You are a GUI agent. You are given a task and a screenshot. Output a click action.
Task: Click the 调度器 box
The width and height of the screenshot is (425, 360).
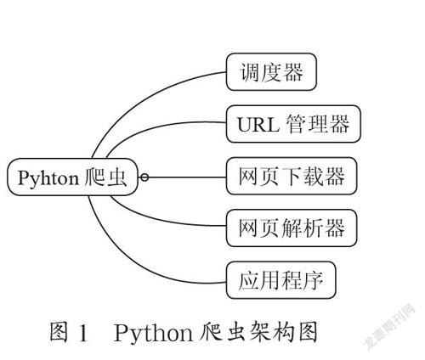[x=271, y=72]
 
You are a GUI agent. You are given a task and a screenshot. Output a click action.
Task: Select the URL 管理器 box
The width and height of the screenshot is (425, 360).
[x=293, y=124]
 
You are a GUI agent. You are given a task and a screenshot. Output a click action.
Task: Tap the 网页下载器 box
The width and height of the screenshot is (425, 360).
[x=292, y=176]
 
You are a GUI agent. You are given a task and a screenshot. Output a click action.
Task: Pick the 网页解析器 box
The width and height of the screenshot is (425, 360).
[x=292, y=228]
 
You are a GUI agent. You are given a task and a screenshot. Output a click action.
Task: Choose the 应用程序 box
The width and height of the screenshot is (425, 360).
[x=280, y=280]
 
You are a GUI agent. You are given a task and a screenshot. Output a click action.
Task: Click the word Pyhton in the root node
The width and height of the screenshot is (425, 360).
[x=48, y=178]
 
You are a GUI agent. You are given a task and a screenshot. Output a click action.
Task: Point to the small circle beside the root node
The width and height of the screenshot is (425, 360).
[x=144, y=177]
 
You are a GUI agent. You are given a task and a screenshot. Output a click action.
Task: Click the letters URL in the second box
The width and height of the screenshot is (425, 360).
[x=258, y=125]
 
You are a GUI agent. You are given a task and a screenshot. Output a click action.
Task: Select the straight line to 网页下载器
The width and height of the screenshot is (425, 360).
[x=187, y=177]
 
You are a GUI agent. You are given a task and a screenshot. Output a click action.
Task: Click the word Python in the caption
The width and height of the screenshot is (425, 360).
[x=153, y=334]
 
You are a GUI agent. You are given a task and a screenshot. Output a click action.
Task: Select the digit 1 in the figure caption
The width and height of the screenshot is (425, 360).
[x=83, y=333]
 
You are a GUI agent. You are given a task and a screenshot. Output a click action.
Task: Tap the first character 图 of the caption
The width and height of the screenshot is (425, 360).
[x=59, y=332]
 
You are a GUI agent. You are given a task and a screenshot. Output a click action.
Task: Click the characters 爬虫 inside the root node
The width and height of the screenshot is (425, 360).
[x=105, y=177]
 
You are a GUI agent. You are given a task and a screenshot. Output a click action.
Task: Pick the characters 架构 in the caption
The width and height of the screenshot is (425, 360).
[x=271, y=331]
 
